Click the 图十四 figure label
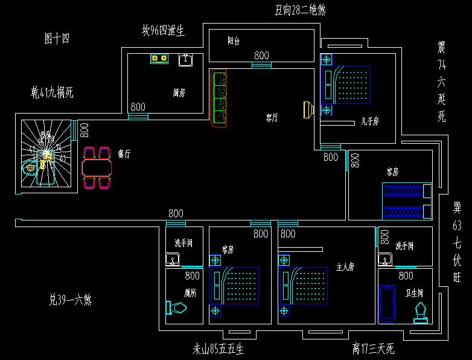point(57,39)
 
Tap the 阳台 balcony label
point(234,41)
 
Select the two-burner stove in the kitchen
point(159,59)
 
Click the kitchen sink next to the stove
point(186,59)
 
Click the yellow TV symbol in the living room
point(308,109)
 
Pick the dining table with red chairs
point(97,166)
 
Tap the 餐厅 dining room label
point(125,154)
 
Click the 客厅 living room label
point(272,118)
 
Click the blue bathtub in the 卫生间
point(386,306)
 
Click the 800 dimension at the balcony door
point(261,56)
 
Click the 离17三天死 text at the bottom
point(374,349)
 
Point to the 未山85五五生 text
point(217,349)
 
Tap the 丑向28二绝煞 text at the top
point(300,10)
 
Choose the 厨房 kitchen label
point(179,93)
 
